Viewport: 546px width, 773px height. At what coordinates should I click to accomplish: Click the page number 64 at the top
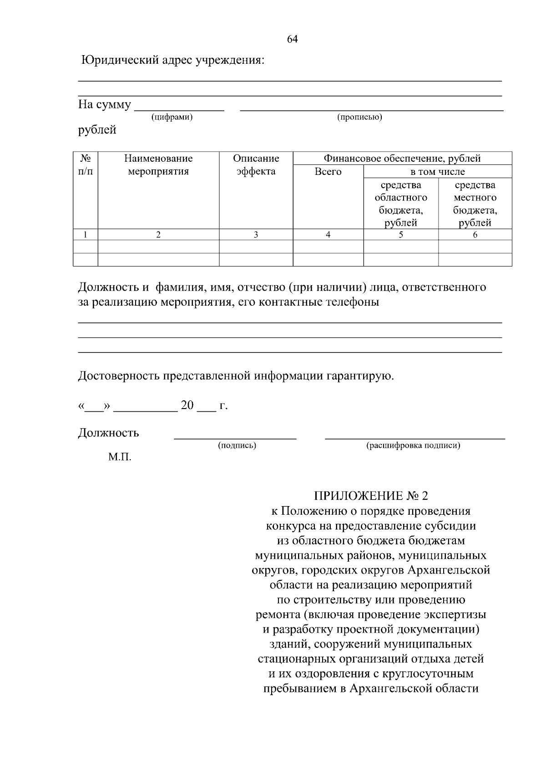tap(292, 39)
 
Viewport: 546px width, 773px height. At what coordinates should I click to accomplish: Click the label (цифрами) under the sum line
tap(172, 118)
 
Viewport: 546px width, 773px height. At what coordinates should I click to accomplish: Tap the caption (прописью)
tap(359, 118)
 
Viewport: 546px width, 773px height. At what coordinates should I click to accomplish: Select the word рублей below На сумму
tap(97, 130)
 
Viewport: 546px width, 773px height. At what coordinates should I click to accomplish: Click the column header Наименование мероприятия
tap(158, 165)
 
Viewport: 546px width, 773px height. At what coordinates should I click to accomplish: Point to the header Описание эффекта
tap(256, 165)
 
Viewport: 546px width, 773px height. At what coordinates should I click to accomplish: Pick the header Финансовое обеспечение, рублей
tap(402, 159)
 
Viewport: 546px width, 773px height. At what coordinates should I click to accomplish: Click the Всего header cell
tap(328, 172)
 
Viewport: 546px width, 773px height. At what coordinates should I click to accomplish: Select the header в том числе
tap(437, 172)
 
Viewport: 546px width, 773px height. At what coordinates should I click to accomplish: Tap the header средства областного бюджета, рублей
tap(400, 204)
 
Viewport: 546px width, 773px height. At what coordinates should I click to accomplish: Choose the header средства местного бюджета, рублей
tap(475, 204)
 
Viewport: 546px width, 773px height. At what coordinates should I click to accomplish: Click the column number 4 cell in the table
tap(328, 235)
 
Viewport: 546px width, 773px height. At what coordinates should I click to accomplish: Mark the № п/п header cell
tap(86, 165)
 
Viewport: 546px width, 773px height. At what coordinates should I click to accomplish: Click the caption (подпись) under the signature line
tap(237, 445)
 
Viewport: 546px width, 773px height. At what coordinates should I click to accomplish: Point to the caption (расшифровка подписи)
tap(413, 445)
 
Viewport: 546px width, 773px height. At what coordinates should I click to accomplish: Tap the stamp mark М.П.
tap(120, 457)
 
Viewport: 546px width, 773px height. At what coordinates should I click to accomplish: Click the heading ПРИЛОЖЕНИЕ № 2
tap(371, 496)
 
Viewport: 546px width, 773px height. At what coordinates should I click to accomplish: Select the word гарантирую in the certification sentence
tap(359, 376)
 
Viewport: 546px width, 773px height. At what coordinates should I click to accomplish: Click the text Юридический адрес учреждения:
tap(172, 60)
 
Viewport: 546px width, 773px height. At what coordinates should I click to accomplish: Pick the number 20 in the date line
tap(187, 405)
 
